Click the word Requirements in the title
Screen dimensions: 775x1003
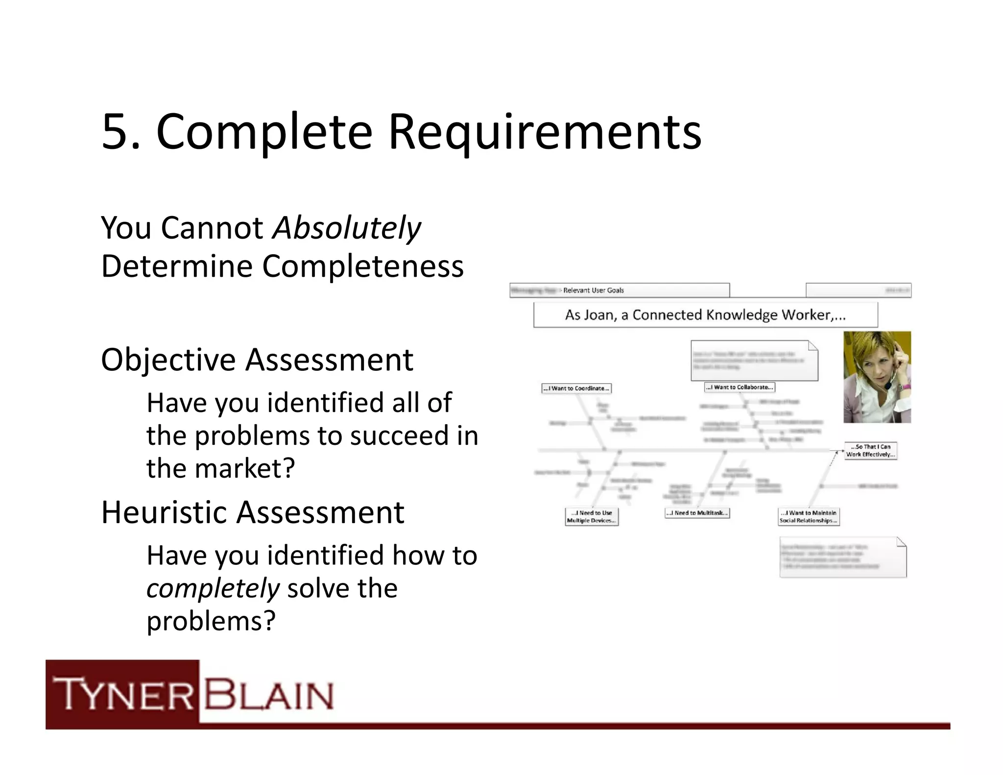click(545, 131)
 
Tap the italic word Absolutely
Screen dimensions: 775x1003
click(346, 228)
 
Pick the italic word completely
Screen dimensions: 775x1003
click(213, 588)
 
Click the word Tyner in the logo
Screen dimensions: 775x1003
click(123, 694)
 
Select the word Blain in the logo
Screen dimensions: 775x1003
click(269, 694)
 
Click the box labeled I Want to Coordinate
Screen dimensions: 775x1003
click(576, 388)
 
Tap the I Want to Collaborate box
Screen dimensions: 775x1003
click(740, 387)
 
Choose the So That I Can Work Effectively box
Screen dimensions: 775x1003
click(870, 451)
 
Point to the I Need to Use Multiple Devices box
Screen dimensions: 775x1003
click(592, 517)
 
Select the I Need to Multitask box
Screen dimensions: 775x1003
click(697, 513)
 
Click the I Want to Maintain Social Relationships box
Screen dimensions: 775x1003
click(809, 517)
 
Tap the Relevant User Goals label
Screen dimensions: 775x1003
click(593, 291)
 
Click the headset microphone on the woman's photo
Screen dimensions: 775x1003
click(887, 387)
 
